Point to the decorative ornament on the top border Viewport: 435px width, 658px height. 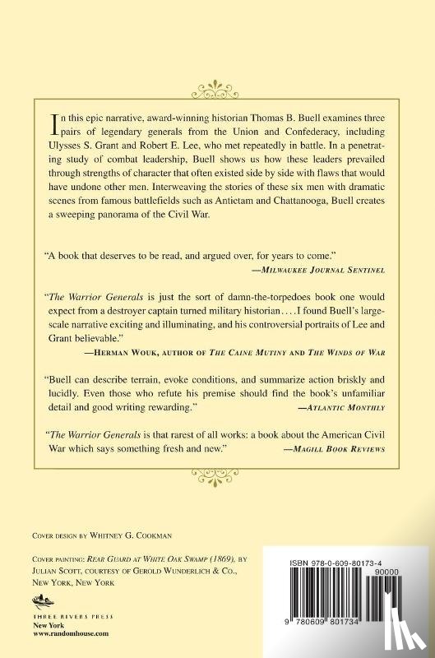(x=217, y=84)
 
